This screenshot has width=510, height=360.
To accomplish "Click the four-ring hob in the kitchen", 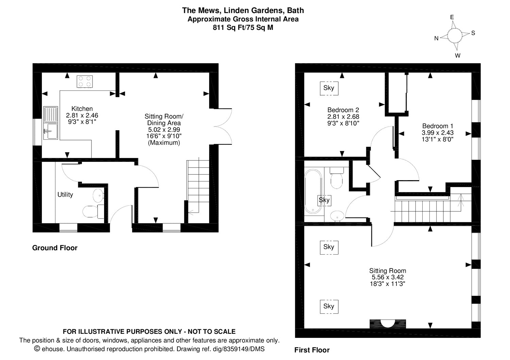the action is (85, 82).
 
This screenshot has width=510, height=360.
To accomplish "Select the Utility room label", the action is (65, 195).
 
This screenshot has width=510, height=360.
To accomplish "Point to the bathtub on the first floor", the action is (313, 191).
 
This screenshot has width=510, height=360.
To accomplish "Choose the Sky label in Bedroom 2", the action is (329, 88).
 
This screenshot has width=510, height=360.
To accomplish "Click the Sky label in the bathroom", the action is (324, 200).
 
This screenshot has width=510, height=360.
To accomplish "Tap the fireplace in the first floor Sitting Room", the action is (388, 324).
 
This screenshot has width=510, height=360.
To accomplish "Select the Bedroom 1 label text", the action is (438, 126).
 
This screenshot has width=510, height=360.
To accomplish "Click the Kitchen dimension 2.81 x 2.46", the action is (82, 115).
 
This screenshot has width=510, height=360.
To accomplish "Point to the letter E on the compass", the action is (452, 17).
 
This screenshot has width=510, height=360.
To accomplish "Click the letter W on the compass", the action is (457, 55).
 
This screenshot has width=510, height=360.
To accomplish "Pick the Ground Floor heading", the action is (55, 248).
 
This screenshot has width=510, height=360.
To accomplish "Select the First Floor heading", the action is (312, 350).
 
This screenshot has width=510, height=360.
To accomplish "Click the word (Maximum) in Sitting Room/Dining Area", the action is (164, 143).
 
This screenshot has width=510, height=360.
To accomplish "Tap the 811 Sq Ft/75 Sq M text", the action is (243, 28).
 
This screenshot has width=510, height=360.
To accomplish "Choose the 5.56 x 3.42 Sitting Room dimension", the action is (388, 277).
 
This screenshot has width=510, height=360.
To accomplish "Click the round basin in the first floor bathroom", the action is (337, 216).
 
